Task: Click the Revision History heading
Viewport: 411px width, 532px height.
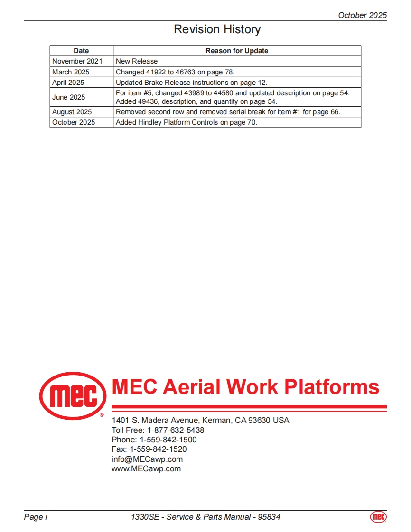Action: [217, 29]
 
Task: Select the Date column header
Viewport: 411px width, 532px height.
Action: [81, 51]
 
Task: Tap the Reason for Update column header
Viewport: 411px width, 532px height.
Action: [237, 51]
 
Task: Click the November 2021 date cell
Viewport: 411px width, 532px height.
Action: [77, 61]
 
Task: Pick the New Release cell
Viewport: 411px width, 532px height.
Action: [137, 61]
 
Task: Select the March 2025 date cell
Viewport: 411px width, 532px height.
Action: [71, 72]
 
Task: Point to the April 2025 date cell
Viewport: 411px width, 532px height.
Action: [68, 83]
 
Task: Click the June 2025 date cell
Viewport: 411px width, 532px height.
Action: [69, 97]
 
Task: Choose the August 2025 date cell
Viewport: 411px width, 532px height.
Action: [72, 112]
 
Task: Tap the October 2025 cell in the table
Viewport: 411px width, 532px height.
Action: [74, 122]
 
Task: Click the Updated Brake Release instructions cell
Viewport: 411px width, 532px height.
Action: [191, 83]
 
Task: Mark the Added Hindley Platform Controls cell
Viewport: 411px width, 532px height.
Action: [186, 122]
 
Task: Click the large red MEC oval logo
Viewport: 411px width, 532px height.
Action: [72, 395]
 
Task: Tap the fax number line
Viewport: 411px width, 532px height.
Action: [149, 449]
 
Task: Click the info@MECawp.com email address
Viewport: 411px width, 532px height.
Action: [147, 459]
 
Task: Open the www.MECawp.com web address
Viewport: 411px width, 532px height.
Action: [146, 468]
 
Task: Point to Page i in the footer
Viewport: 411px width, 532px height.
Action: [36, 517]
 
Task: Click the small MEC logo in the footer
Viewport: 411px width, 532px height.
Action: [378, 517]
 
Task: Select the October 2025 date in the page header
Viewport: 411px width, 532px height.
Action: [362, 15]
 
